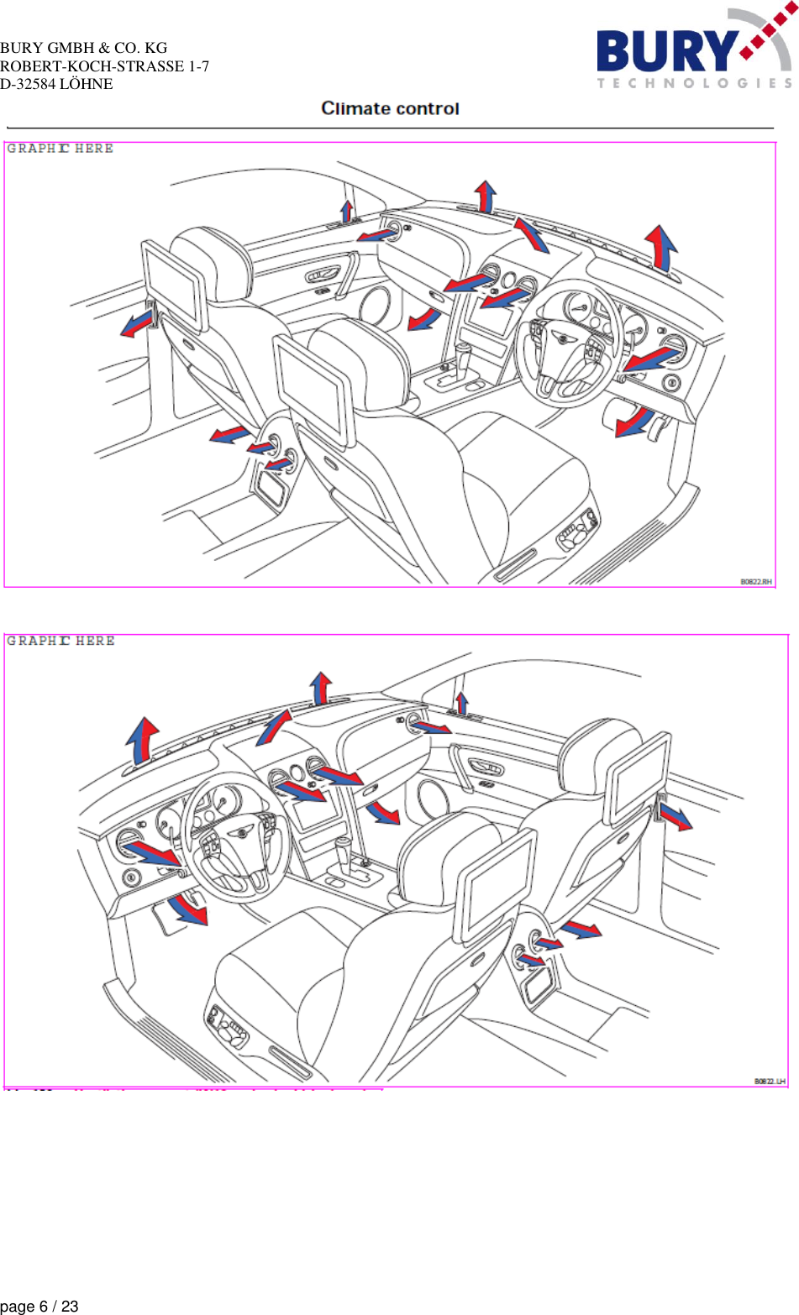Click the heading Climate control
[390, 108]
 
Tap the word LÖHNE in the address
[86, 84]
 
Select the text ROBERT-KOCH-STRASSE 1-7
[104, 66]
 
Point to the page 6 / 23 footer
[39, 1306]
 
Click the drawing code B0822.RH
[755, 581]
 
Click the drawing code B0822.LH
[769, 1082]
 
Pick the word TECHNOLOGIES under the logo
[694, 83]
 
